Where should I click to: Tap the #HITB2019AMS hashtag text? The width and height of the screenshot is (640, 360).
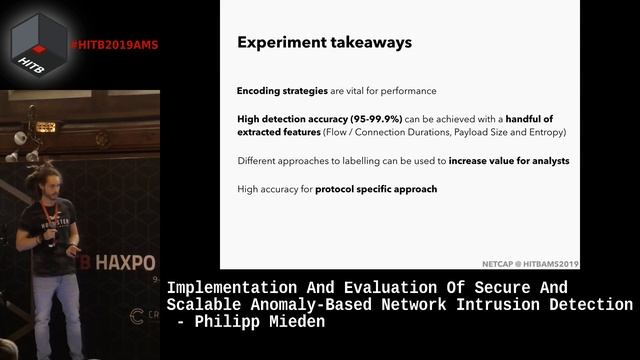click(114, 45)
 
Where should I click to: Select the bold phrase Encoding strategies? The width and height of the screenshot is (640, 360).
click(282, 91)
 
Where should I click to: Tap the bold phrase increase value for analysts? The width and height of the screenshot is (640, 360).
click(509, 160)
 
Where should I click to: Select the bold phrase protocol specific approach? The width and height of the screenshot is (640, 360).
click(376, 188)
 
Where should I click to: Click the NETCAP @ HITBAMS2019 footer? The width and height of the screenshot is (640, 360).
click(529, 263)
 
